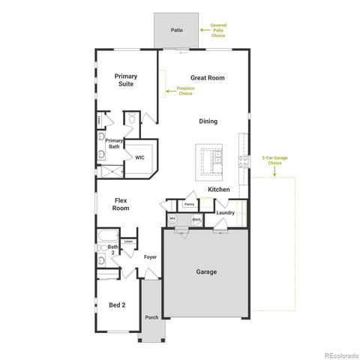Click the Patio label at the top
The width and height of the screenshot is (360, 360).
176,31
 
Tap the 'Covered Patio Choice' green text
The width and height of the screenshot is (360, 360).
217,31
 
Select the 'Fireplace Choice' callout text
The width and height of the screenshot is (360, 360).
185,91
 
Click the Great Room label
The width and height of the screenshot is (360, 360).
208,78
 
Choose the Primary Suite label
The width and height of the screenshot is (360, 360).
127,80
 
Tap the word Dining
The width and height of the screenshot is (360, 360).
208,121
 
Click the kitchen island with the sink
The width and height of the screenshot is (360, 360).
209,158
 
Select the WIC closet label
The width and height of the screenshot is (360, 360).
139,158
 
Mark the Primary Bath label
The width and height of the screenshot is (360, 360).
114,144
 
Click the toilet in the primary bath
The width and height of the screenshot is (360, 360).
129,118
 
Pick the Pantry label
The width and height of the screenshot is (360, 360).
190,204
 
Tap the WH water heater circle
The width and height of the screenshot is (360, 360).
172,219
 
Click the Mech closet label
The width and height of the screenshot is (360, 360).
196,220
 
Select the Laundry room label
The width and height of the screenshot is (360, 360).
225,213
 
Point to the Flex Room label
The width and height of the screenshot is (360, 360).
121,205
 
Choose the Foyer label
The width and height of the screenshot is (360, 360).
150,257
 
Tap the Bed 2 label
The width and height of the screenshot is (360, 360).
117,305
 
